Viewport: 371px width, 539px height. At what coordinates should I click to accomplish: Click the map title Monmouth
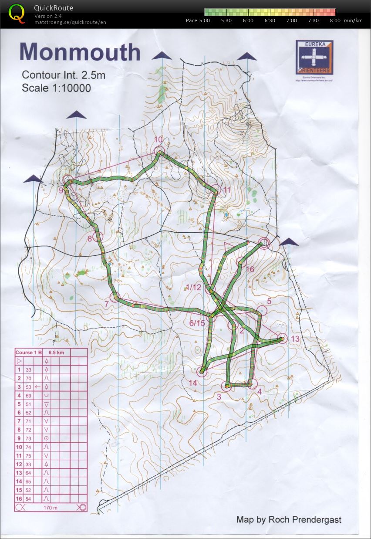[80, 52]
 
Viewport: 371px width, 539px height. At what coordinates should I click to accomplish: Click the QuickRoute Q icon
[17, 13]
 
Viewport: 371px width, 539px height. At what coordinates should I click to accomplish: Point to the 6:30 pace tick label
[270, 20]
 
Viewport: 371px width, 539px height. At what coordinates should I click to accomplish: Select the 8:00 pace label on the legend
[335, 20]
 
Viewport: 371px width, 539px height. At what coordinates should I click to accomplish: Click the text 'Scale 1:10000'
[56, 88]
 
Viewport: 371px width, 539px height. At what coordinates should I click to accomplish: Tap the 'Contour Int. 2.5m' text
[64, 75]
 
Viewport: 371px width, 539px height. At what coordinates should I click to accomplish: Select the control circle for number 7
[115, 298]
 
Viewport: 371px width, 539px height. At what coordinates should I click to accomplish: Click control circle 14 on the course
[202, 371]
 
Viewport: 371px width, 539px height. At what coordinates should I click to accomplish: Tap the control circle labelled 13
[283, 338]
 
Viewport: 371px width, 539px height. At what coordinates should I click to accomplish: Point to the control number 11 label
[226, 190]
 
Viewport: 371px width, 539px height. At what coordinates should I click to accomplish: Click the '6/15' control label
[197, 323]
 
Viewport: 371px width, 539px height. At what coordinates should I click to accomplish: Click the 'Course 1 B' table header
[29, 352]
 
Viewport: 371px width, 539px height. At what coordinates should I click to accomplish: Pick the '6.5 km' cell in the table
[56, 352]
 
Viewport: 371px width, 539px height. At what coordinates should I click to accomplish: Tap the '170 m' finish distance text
[51, 508]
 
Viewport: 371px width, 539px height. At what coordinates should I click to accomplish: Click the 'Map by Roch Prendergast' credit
[289, 519]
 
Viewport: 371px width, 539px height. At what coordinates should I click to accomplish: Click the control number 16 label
[250, 269]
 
